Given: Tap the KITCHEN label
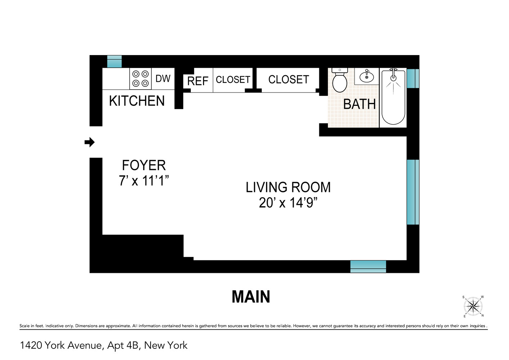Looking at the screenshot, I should click(x=137, y=101).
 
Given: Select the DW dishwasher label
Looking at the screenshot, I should click(x=163, y=78).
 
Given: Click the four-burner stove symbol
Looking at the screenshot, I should click(x=140, y=78).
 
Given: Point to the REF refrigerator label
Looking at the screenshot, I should click(x=198, y=81).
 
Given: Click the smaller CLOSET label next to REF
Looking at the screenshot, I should click(x=233, y=80).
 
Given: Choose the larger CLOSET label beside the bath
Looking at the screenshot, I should click(x=289, y=80).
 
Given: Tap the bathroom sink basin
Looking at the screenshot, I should click(x=367, y=77).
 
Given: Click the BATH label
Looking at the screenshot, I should click(x=359, y=104).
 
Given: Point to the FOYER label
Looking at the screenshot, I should click(x=144, y=165).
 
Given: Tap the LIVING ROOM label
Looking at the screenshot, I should click(x=288, y=188).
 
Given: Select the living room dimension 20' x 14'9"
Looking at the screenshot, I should click(x=288, y=203).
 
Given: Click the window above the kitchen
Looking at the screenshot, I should click(x=114, y=62).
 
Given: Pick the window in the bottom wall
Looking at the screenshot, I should click(x=368, y=266).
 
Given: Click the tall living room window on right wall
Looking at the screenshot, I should click(x=413, y=192).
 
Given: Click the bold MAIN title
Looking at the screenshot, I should click(x=251, y=297).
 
